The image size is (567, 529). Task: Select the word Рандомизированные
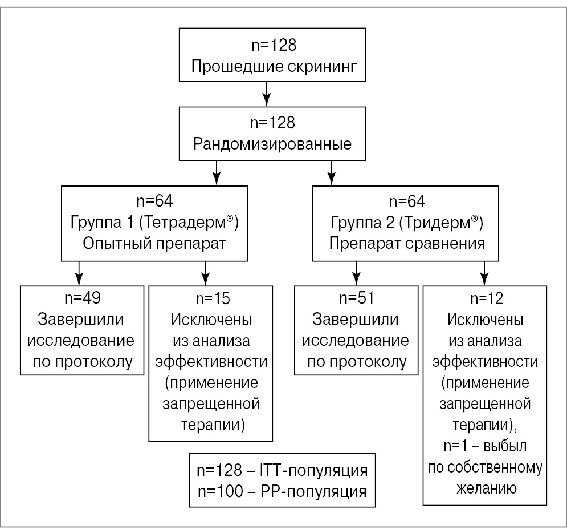coord(272,143)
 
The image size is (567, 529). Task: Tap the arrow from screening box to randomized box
coord(266,93)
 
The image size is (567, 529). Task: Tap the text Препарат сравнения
coord(407,243)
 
